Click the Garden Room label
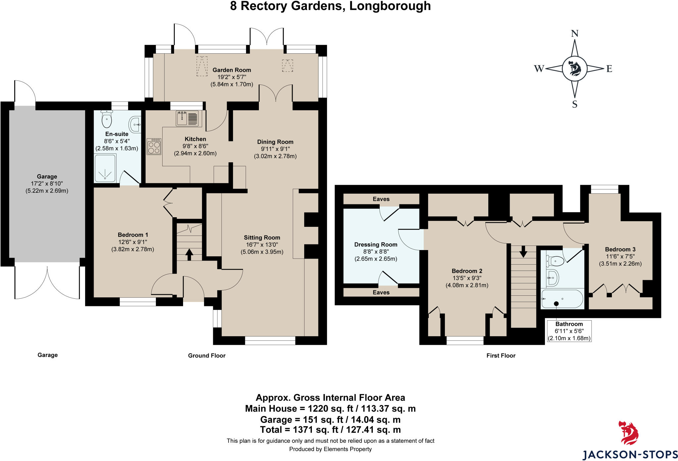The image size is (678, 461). click(232, 70)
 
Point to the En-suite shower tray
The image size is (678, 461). click(105, 168)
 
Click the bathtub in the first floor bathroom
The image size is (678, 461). click(562, 299)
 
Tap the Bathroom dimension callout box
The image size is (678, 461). click(569, 331)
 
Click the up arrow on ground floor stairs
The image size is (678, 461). click(189, 254)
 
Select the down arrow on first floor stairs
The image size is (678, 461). click(523, 252)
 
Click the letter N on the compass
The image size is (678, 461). click(575, 33)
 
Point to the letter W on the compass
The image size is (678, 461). click(539, 69)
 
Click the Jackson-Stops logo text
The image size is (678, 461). click(630, 454)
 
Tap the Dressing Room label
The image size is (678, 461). click(376, 244)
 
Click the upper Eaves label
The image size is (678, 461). click(381, 199)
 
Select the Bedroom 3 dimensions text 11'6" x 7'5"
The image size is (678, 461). click(620, 256)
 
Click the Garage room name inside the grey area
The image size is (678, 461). click(47, 177)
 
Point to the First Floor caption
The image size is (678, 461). click(501, 355)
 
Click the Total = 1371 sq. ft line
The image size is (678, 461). click(330, 430)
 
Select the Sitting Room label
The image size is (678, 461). click(262, 237)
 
